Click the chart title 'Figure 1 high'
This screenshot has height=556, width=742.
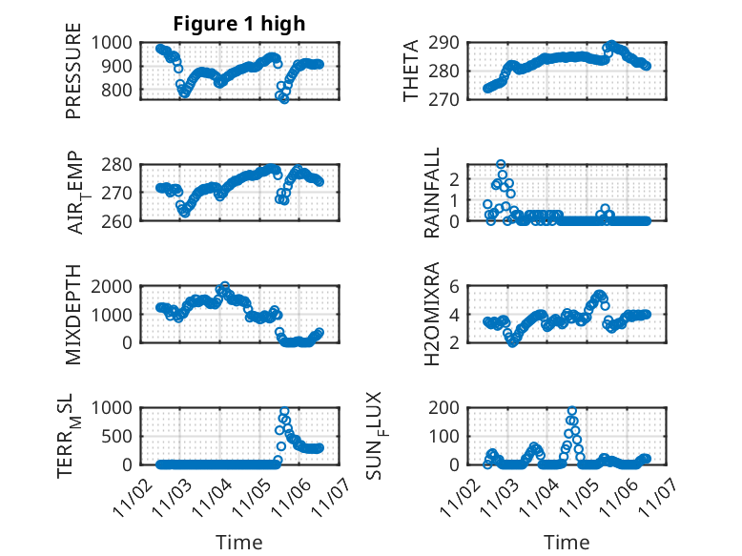pyautogui.click(x=238, y=24)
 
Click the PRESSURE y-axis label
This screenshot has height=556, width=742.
pyautogui.click(x=73, y=78)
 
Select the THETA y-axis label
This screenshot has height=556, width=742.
pyautogui.click(x=411, y=72)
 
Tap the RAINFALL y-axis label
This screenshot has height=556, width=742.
pyautogui.click(x=431, y=192)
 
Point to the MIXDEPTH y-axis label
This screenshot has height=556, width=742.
pyautogui.click(x=73, y=314)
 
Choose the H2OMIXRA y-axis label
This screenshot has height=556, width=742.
pyautogui.click(x=431, y=314)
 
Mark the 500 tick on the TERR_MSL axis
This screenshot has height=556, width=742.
pyautogui.click(x=121, y=436)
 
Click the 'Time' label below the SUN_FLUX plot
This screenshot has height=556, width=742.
pyautogui.click(x=567, y=542)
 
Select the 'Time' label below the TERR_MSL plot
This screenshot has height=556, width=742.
pyautogui.click(x=238, y=542)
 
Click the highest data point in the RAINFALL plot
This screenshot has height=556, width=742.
pyautogui.click(x=501, y=165)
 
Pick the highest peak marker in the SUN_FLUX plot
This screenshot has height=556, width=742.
pyautogui.click(x=572, y=411)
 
